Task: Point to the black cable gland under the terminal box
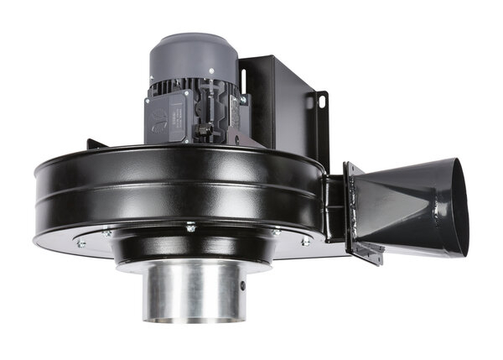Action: (x=206, y=131)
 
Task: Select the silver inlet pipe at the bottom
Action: (x=194, y=290)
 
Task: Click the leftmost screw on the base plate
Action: (x=81, y=244)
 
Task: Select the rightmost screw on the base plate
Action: (x=305, y=242)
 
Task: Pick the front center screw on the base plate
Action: (x=191, y=227)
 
